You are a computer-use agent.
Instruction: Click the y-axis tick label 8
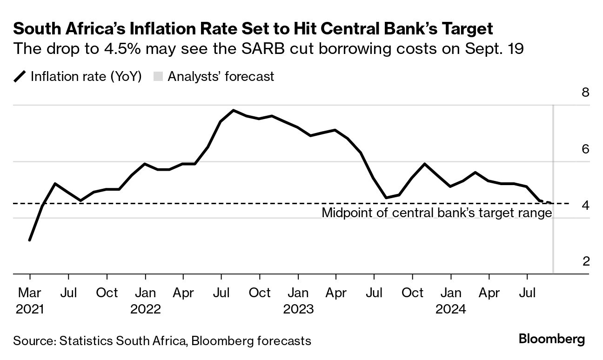(x=585, y=92)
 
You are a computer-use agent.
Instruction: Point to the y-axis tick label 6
(x=585, y=149)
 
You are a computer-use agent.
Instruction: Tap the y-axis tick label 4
(x=585, y=205)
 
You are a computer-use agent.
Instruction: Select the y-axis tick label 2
(x=585, y=261)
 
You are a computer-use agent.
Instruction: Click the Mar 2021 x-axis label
(x=30, y=300)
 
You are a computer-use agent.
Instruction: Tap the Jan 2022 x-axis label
(x=146, y=300)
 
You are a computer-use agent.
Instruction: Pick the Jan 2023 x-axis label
(x=298, y=300)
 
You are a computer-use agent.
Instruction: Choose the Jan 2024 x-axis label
(x=451, y=300)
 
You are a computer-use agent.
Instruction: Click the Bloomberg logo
(x=552, y=339)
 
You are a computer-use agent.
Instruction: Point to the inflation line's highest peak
(x=233, y=111)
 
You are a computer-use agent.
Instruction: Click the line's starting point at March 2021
(x=30, y=240)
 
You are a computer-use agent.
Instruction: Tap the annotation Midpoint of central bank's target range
(x=437, y=213)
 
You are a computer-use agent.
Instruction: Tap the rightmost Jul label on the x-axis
(x=527, y=293)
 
